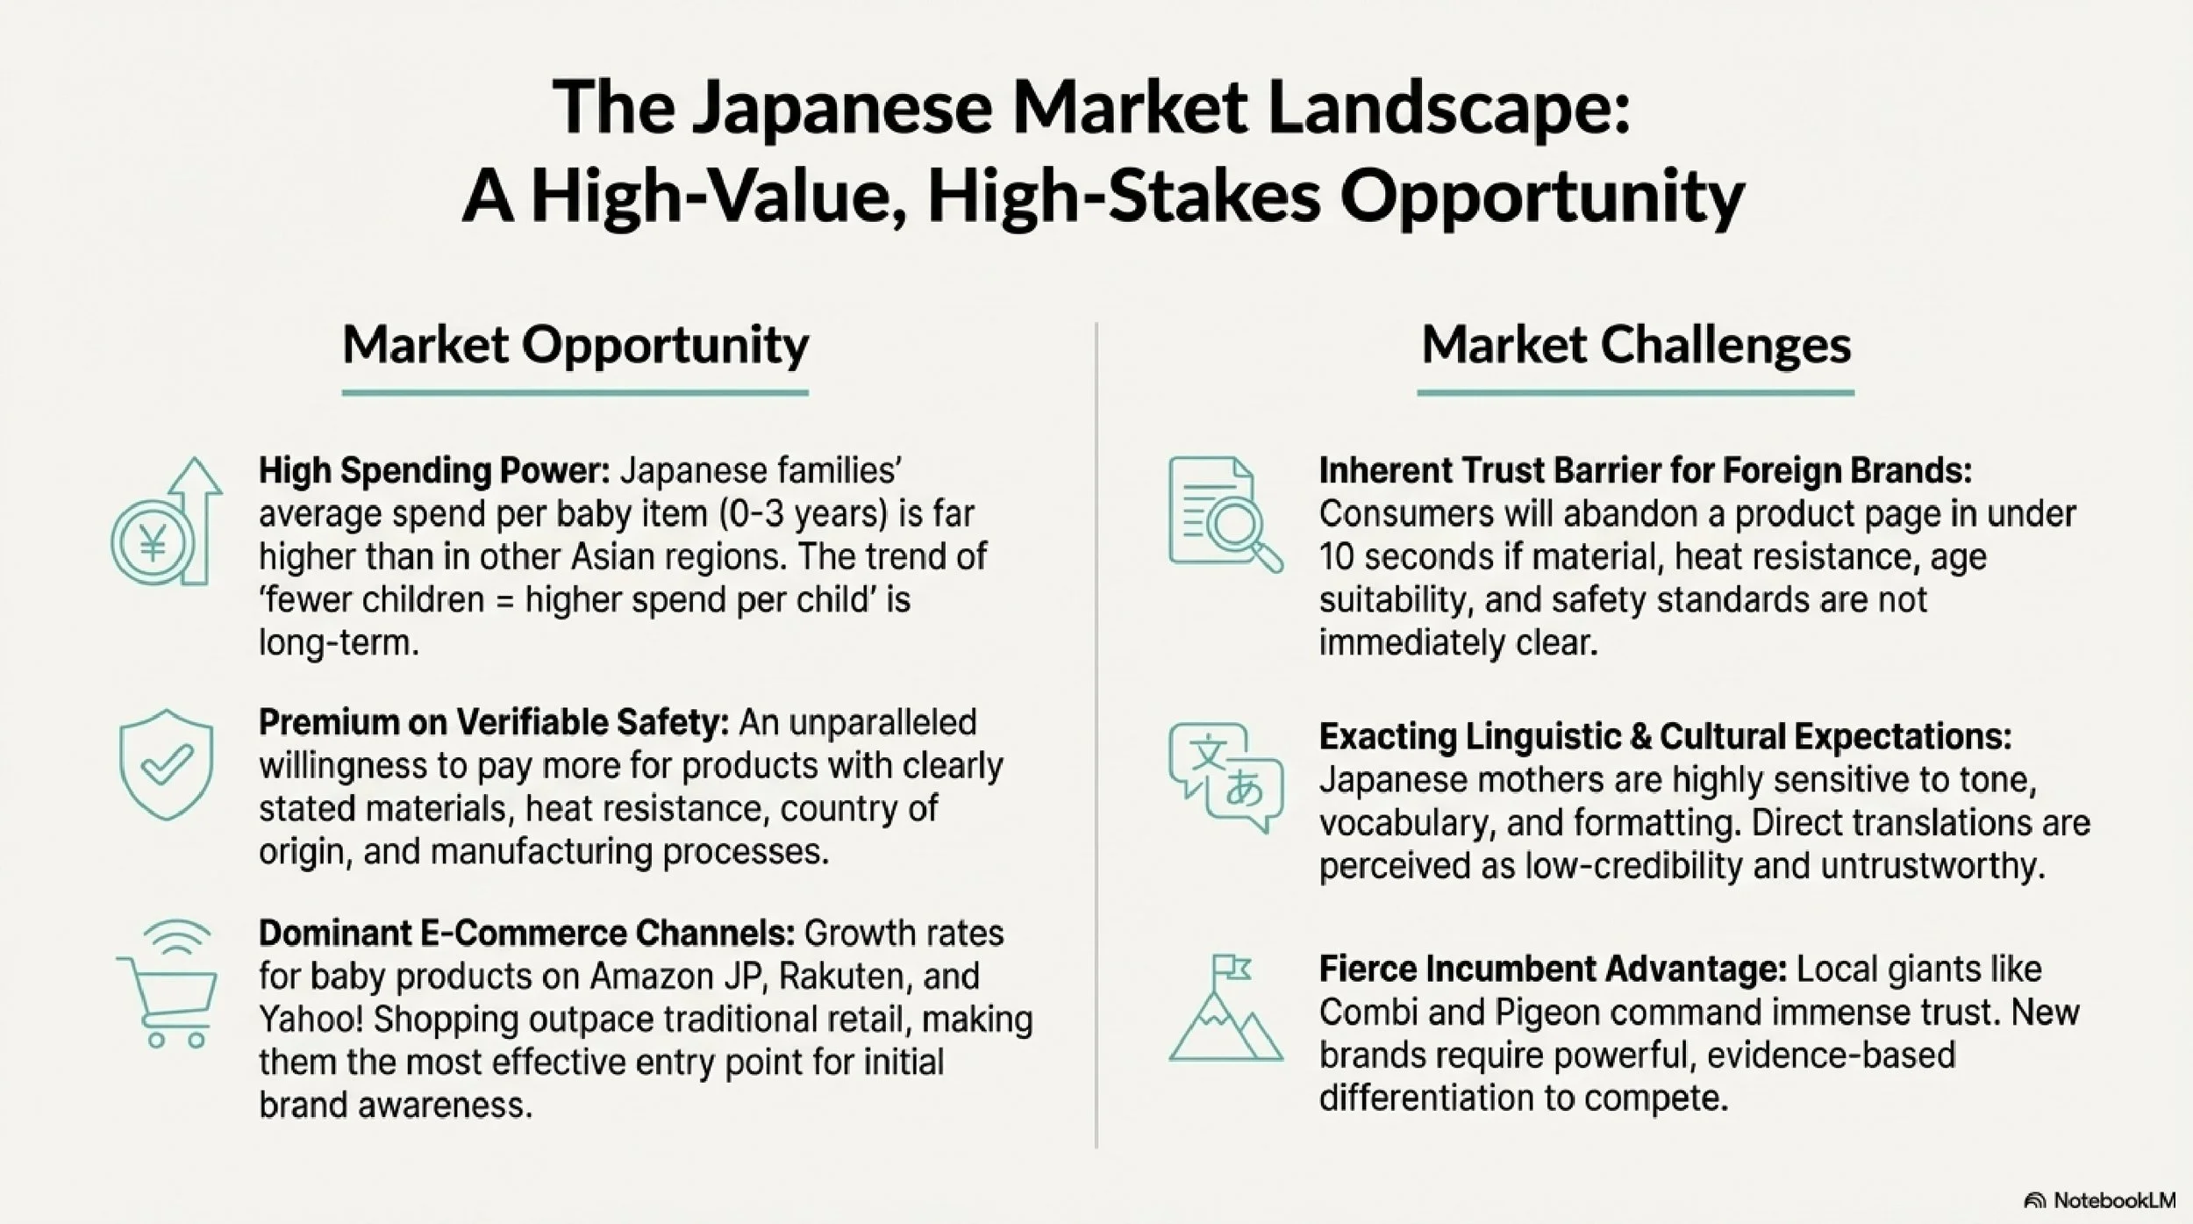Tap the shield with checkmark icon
coord(166,765)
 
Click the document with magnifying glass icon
coord(1225,514)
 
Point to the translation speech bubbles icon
coord(1225,777)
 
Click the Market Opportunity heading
coord(575,345)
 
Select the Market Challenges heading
coord(1636,345)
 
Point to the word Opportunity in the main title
coord(1541,197)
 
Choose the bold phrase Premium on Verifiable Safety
coord(494,723)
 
